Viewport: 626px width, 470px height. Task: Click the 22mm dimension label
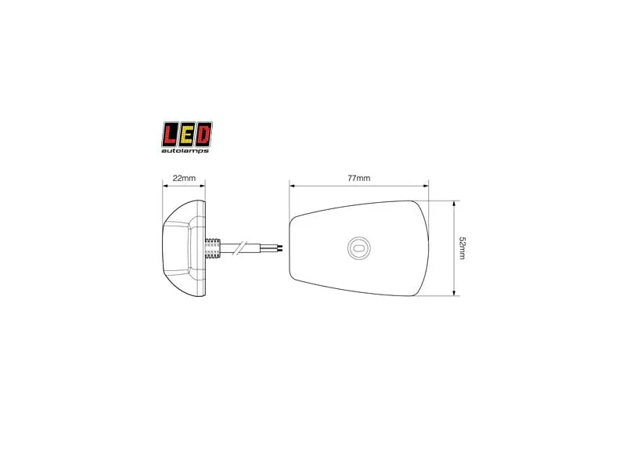[184, 178]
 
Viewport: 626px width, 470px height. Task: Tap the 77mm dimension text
[359, 179]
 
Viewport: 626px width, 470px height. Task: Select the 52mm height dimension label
[462, 248]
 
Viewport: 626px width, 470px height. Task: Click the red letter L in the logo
[171, 134]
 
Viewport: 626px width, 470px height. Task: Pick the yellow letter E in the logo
[187, 134]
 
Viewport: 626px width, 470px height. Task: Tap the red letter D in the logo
[203, 134]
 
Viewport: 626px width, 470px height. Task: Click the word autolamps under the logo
[185, 150]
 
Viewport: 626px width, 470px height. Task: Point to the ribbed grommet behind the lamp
[213, 248]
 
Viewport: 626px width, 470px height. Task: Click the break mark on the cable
[241, 248]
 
